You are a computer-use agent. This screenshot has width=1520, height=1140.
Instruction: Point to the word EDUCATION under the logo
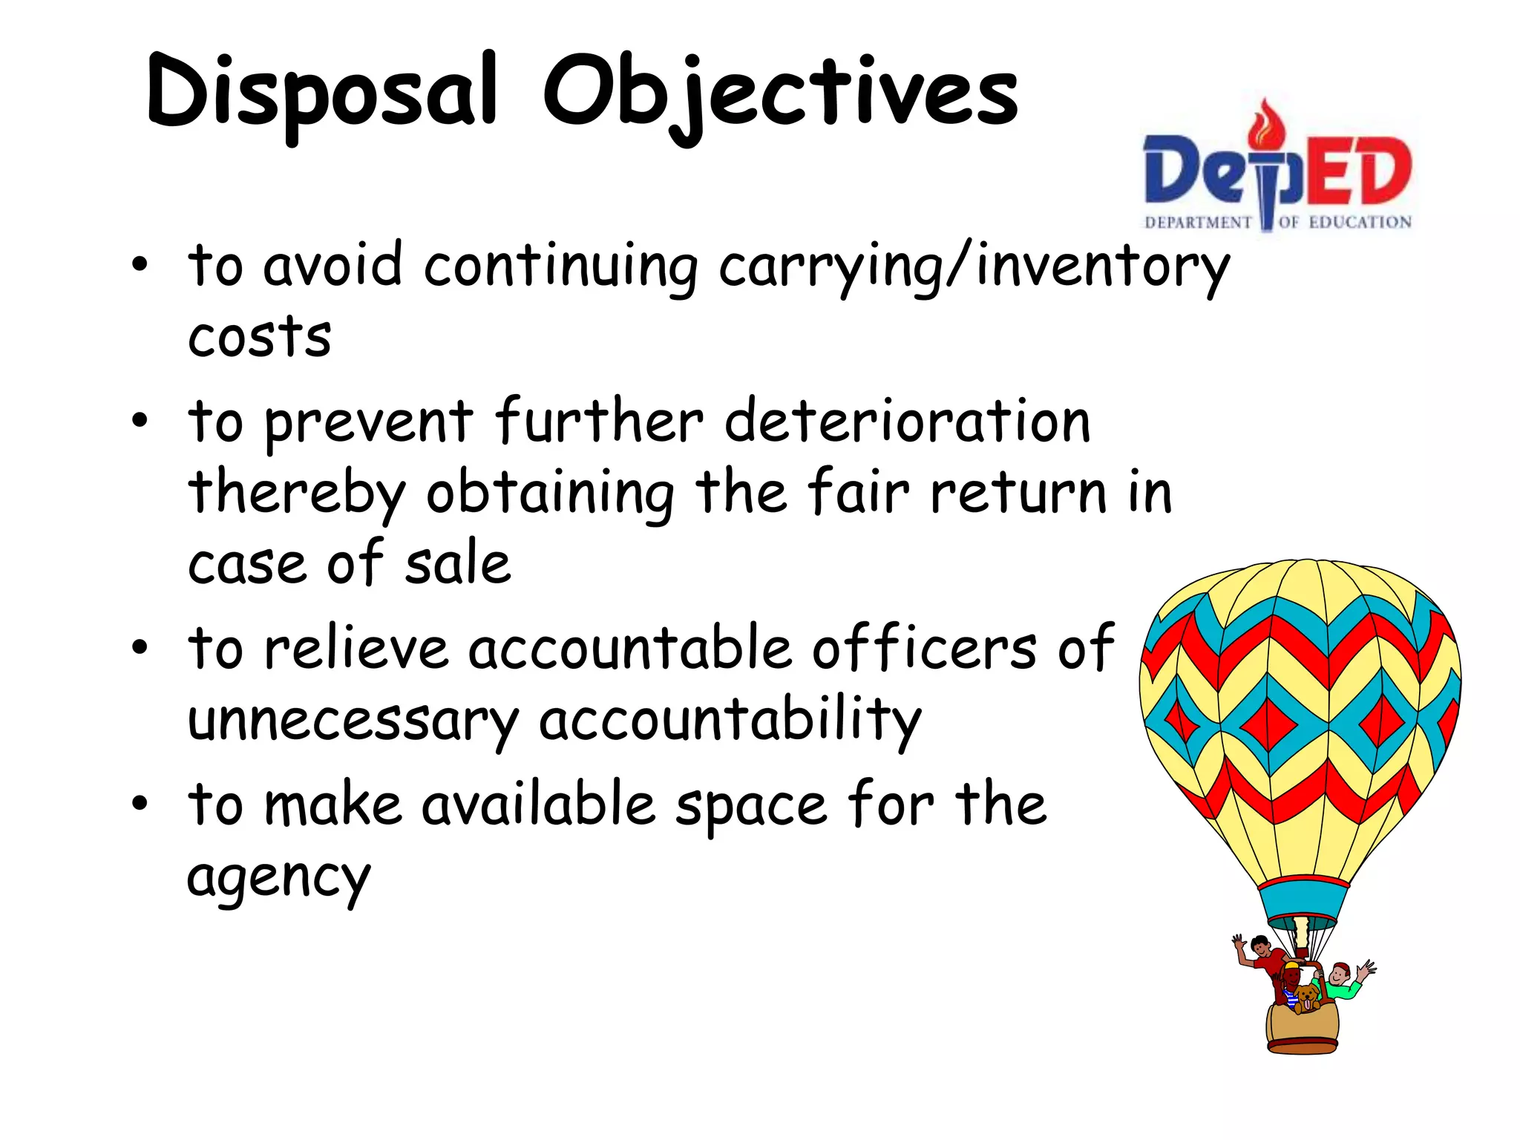(x=1360, y=222)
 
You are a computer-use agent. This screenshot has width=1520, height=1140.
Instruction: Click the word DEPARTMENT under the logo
(x=1198, y=223)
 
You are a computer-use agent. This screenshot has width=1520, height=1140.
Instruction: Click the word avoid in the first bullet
(x=332, y=265)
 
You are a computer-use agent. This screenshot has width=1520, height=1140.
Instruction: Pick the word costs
(x=259, y=338)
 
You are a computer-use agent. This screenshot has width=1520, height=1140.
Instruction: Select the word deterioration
(x=907, y=421)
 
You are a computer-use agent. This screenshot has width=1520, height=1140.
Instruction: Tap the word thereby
(x=297, y=493)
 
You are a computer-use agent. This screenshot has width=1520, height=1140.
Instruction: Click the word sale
(x=458, y=563)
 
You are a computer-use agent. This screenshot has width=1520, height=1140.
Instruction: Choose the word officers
(x=924, y=648)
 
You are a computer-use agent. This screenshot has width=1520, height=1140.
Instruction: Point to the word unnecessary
(x=353, y=720)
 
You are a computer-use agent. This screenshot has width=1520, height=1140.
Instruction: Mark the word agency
(x=278, y=879)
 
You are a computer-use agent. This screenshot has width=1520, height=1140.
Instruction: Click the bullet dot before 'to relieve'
(x=140, y=648)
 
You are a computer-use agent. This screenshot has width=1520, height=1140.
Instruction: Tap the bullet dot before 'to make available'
(x=140, y=804)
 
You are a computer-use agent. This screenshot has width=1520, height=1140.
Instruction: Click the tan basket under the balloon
(x=1303, y=1028)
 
